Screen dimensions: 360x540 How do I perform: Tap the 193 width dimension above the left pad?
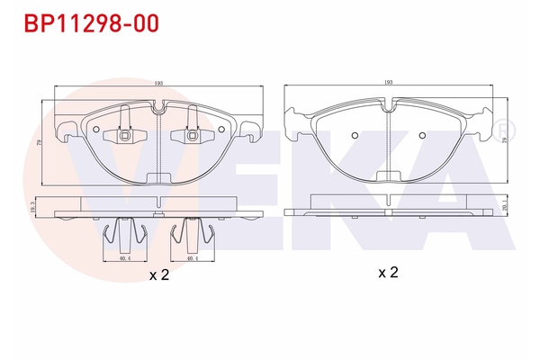tap(158, 82)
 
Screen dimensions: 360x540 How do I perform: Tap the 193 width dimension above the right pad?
tap(389, 82)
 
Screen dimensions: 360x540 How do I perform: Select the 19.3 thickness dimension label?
tap(32, 208)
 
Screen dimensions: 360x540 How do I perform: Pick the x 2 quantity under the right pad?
tap(389, 272)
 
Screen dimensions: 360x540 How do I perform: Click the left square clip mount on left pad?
tap(125, 137)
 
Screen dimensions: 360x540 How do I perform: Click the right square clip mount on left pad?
tap(192, 137)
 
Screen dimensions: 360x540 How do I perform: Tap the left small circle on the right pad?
tap(355, 137)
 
